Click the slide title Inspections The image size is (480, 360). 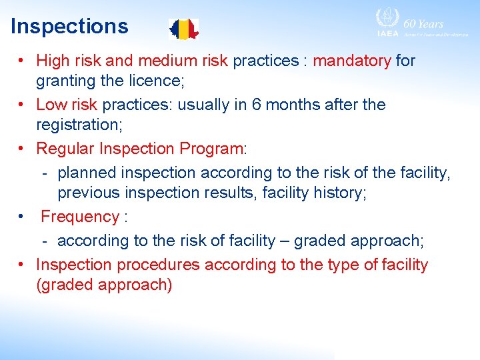(69, 27)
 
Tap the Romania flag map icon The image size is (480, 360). (183, 29)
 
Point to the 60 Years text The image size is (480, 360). (423, 23)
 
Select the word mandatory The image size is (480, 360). (352, 61)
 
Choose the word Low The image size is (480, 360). (51, 105)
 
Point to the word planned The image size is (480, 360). (85, 173)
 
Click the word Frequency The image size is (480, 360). (79, 217)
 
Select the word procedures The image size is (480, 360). (159, 265)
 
